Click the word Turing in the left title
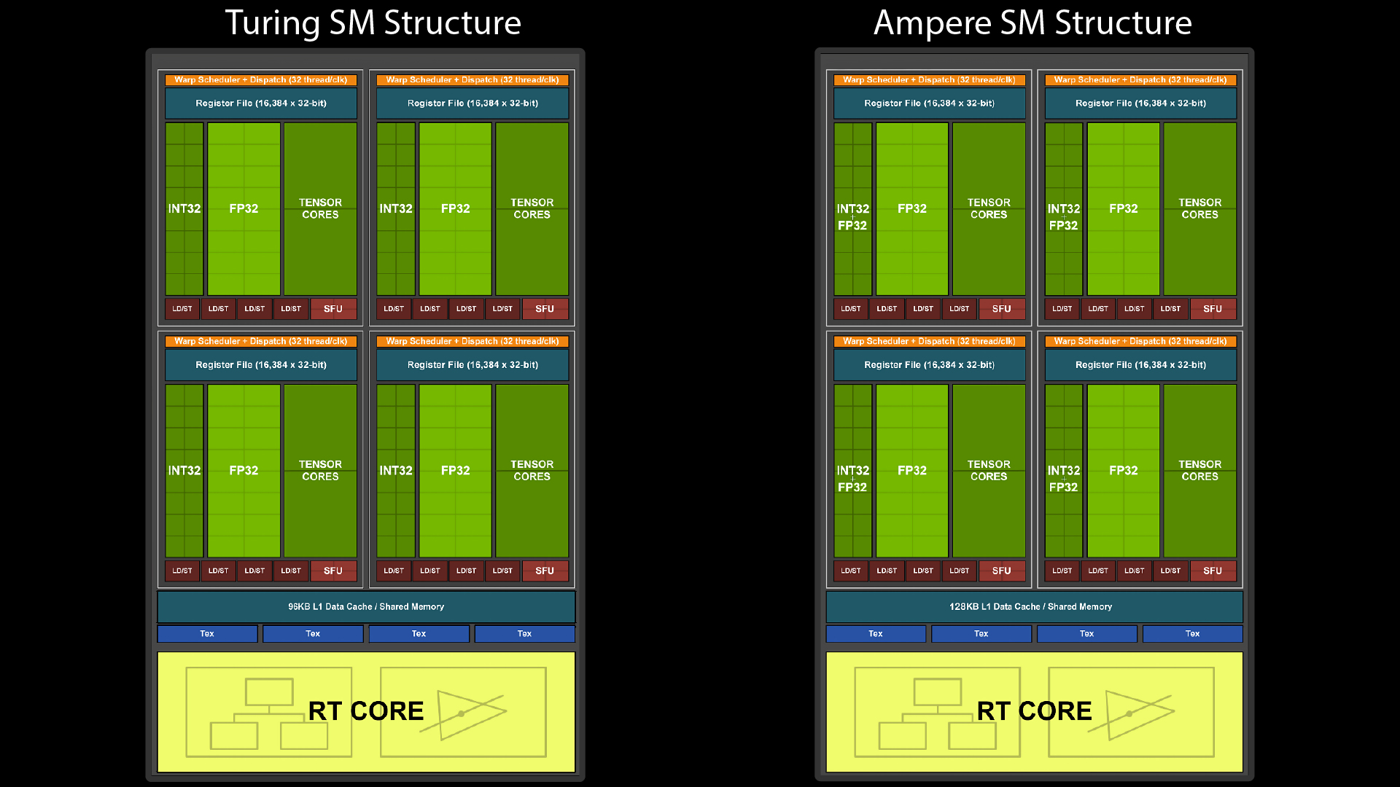pos(272,23)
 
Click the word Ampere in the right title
pos(932,23)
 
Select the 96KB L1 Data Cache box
pos(366,606)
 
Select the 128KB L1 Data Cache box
pos(1034,606)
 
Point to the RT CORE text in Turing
pos(365,711)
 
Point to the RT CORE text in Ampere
pos(1034,711)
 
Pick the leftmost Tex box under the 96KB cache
pos(207,634)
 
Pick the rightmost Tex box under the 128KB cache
pos(1192,634)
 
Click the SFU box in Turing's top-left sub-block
pos(333,309)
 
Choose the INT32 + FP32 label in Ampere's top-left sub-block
pos(852,217)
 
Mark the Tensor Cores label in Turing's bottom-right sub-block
pos(532,470)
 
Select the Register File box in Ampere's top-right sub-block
pos(1140,103)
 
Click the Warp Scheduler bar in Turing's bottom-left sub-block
pos(261,341)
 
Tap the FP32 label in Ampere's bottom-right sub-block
pos(1123,471)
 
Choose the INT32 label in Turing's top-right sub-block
pos(396,209)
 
